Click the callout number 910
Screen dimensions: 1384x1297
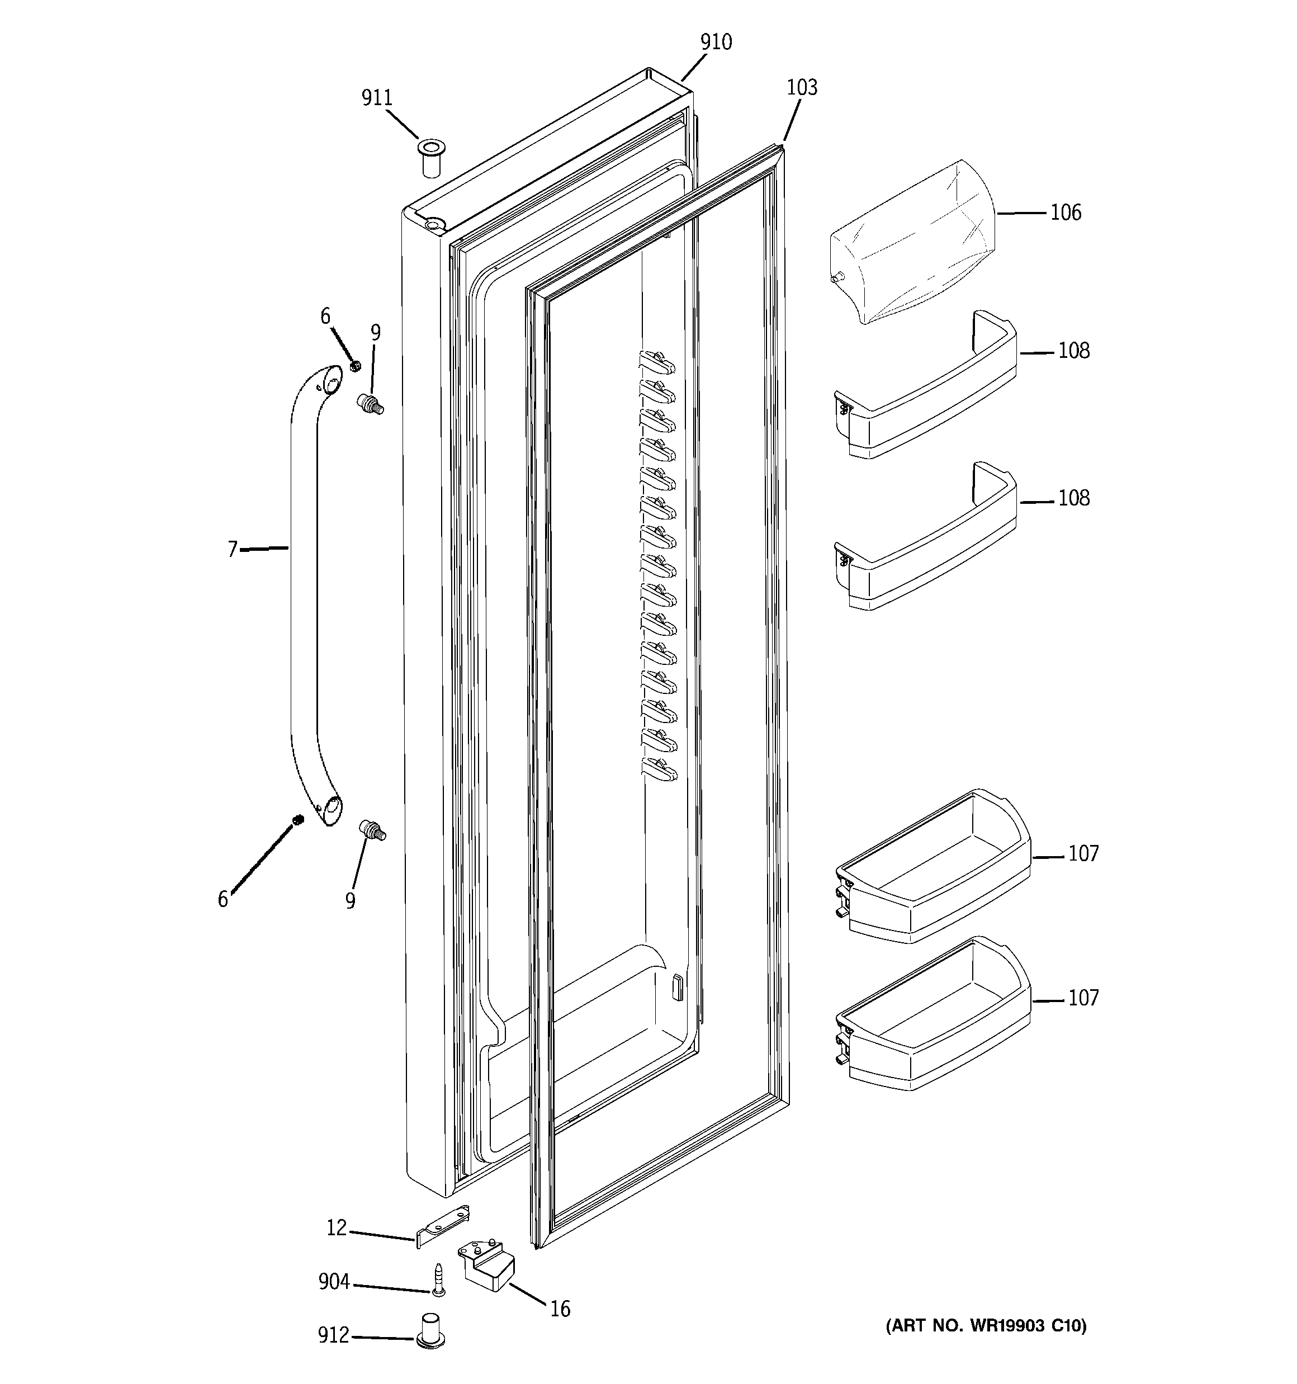click(x=716, y=42)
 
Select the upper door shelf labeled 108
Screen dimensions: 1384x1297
click(x=926, y=390)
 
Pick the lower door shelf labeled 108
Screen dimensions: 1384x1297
click(x=926, y=540)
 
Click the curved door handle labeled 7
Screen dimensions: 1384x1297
click(x=304, y=592)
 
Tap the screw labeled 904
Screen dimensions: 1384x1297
click(x=437, y=1279)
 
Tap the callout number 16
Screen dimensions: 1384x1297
click(x=560, y=1309)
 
